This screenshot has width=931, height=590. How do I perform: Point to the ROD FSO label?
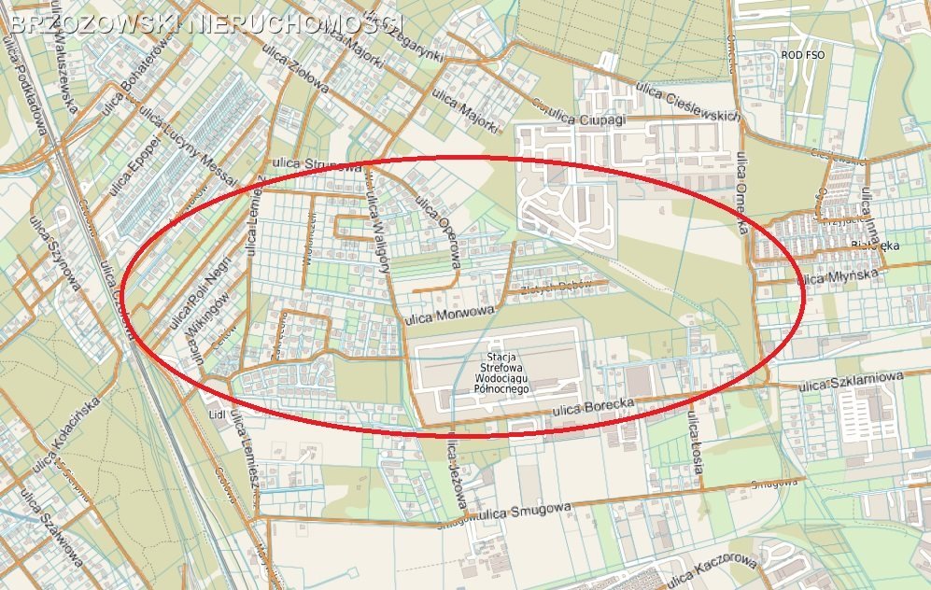[x=802, y=55]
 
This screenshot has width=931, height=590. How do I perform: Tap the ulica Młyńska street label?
[x=839, y=277]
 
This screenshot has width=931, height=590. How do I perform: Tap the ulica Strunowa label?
[x=317, y=165]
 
